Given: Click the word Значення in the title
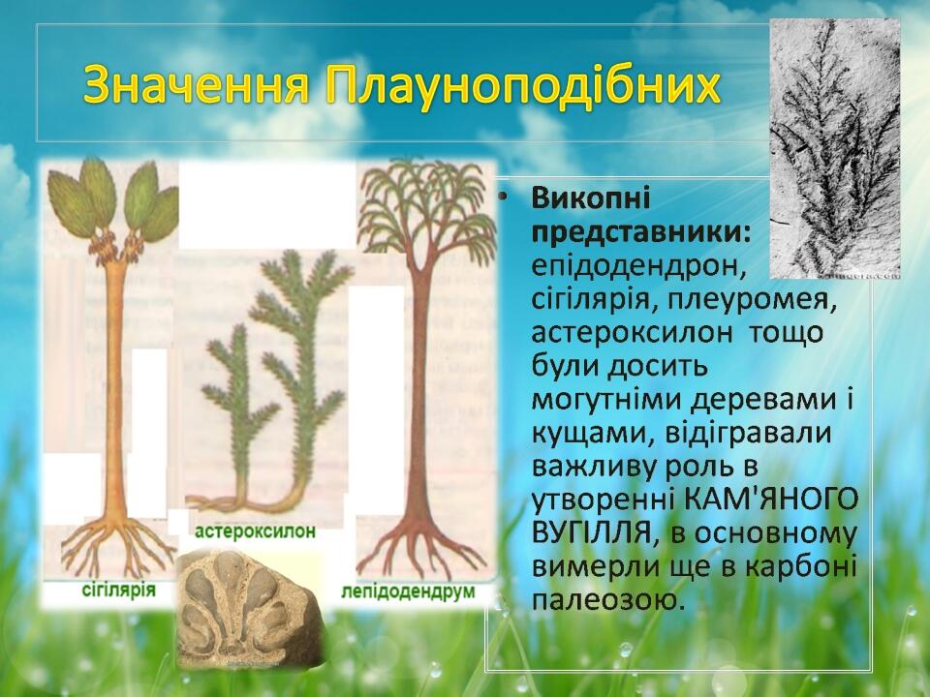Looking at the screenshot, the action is tap(197, 84).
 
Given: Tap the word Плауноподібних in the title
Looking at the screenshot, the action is tap(523, 86).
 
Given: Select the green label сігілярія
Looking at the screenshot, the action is tap(118, 590).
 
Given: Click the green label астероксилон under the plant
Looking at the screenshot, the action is tap(255, 531).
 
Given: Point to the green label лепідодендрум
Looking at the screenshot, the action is tap(408, 591).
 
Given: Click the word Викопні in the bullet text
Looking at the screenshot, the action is tap(591, 197).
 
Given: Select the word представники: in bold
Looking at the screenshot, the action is tap(641, 232).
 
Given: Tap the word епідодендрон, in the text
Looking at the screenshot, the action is tap(638, 267).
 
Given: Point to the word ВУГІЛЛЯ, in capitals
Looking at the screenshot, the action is tap(596, 534).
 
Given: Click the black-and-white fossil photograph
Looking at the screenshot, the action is tap(834, 148).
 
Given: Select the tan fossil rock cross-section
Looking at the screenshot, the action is tap(249, 608).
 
